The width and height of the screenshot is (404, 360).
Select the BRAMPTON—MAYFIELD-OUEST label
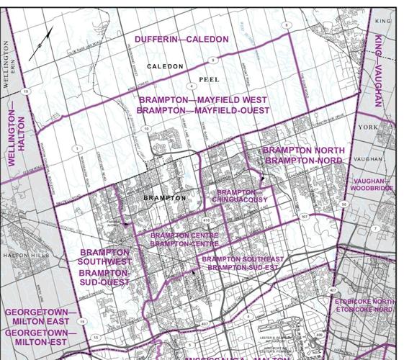(x=203, y=111)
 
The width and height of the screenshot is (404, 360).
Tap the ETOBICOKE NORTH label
(x=364, y=301)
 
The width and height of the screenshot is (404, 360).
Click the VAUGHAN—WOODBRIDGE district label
(x=372, y=184)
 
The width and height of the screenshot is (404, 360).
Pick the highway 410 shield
(x=206, y=220)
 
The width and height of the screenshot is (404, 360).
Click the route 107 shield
(x=305, y=216)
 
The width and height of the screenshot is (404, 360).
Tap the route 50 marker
(x=344, y=204)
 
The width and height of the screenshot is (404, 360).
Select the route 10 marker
(x=145, y=129)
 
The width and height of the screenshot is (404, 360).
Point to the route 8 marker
(x=287, y=25)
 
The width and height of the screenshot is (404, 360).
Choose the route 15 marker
(x=94, y=336)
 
